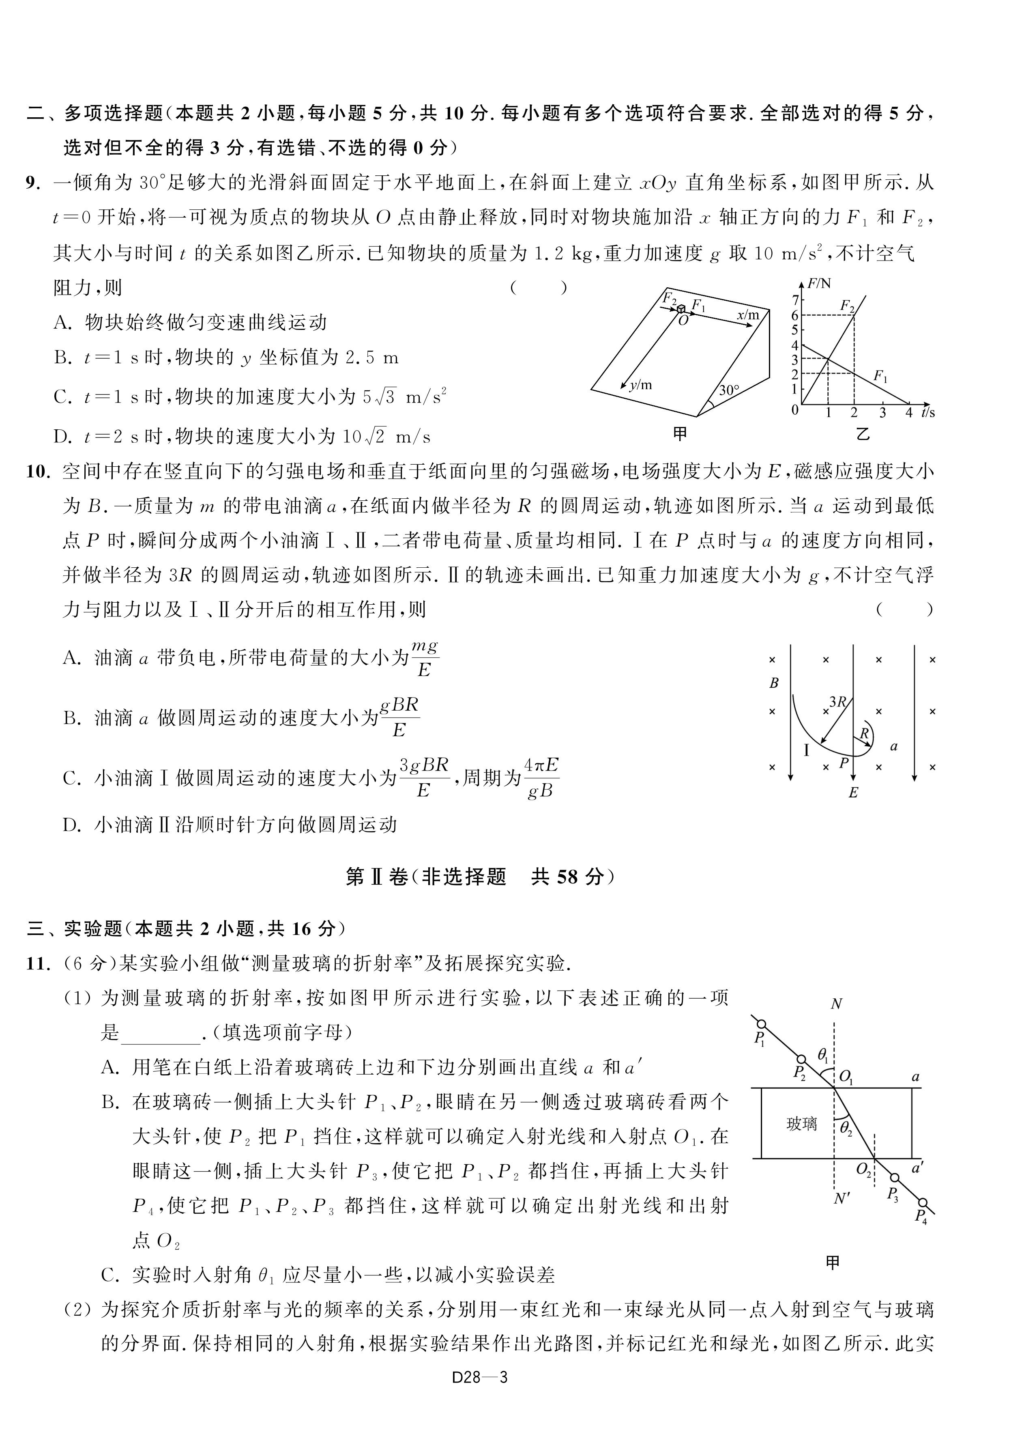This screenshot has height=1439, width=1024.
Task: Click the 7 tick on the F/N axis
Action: (795, 299)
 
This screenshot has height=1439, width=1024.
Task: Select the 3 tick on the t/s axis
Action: (882, 413)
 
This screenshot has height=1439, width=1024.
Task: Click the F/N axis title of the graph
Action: (820, 283)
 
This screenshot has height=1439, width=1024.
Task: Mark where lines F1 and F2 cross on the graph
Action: (828, 360)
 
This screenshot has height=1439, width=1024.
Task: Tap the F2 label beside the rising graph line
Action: (848, 307)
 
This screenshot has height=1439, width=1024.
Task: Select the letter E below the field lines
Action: (853, 793)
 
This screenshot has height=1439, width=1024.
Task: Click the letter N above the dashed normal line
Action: (836, 1004)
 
